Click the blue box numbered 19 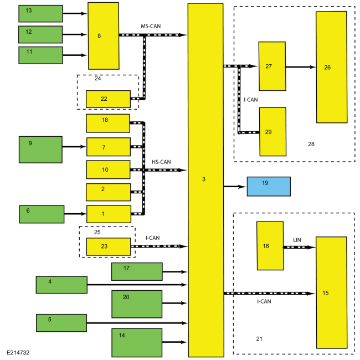pos(269,186)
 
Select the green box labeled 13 pos(40,13)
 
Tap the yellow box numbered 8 pos(104,36)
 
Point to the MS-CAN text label pos(151,26)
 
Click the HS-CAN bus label pos(161,162)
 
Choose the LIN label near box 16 pos(297,240)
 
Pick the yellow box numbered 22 pos(108,99)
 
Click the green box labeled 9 pos(40,150)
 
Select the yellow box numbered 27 pos(272,66)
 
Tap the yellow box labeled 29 pos(272,132)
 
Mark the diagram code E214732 pos(18,352)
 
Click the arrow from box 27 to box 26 pos(301,67)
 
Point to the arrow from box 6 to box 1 pos(75,214)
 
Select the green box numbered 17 pos(137,271)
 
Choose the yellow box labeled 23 pos(109,246)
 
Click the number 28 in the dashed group pos(311,144)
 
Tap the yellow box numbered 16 pos(270,246)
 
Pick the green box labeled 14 pos(137,342)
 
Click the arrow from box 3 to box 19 pos(235,187)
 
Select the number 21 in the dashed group pos(259,338)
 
